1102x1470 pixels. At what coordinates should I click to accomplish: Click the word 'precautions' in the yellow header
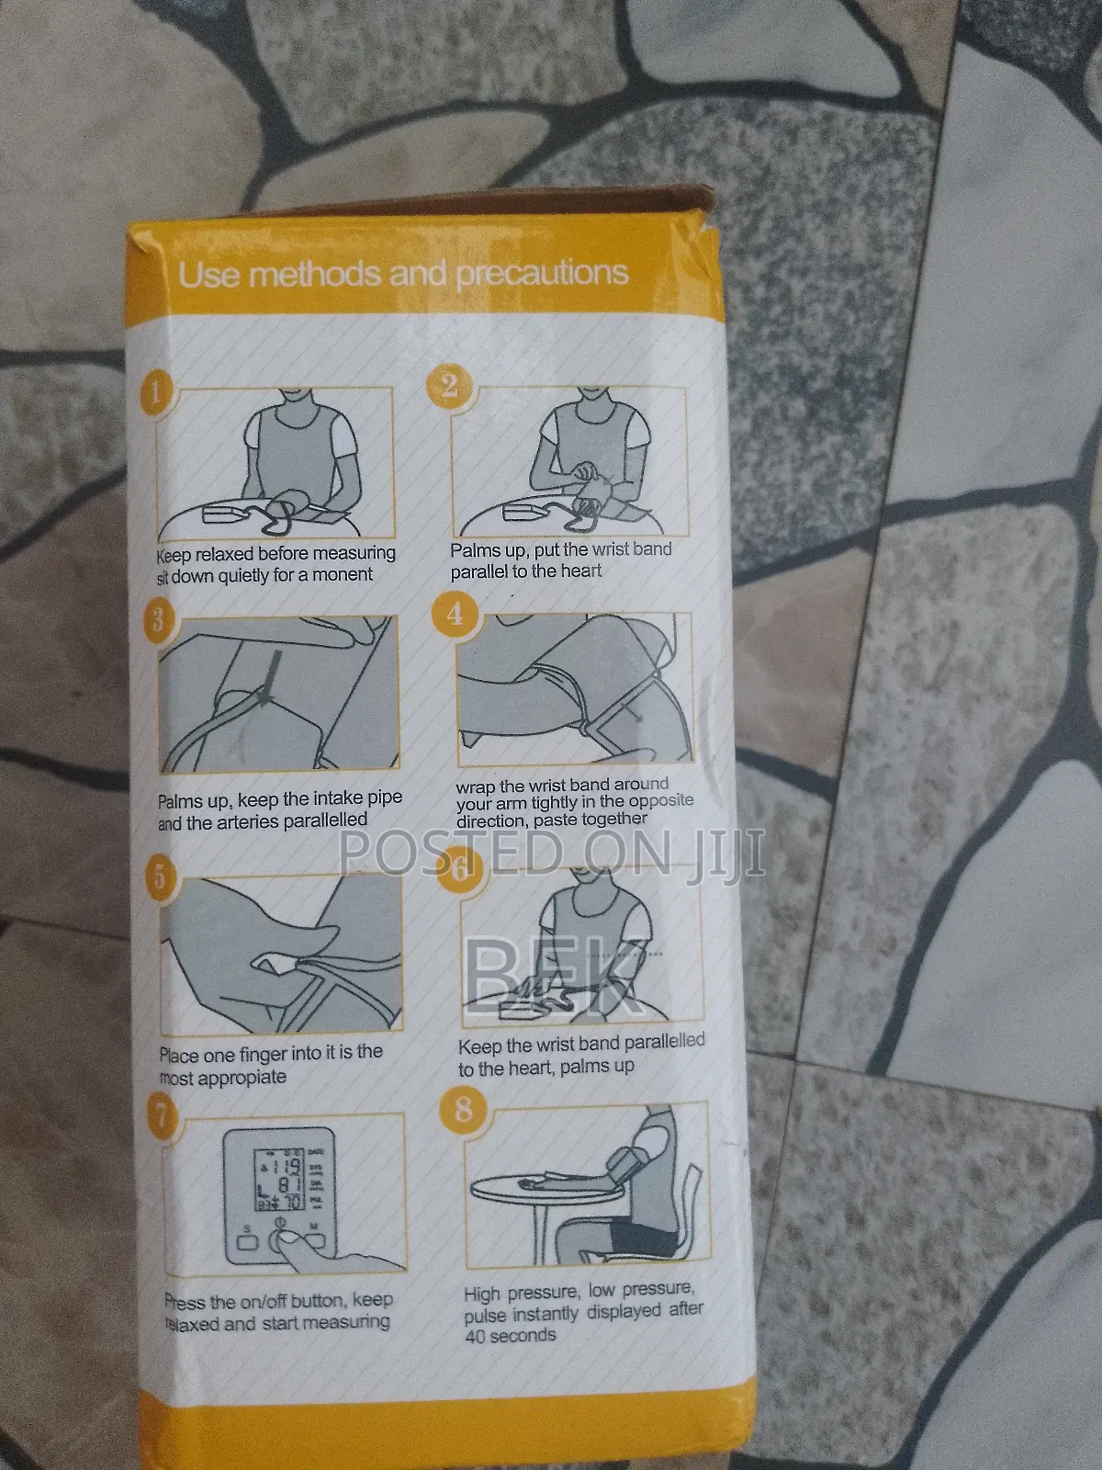click(543, 274)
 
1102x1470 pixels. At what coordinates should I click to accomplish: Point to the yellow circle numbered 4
click(455, 614)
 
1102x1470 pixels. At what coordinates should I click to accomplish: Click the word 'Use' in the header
click(208, 276)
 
